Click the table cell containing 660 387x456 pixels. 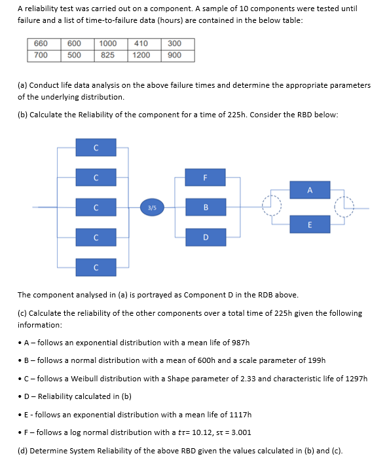(x=41, y=44)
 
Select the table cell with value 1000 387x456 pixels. (x=108, y=44)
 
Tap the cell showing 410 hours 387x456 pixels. (x=141, y=44)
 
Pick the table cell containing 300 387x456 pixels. (x=174, y=44)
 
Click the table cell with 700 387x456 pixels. (x=41, y=55)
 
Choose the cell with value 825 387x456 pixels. (x=108, y=55)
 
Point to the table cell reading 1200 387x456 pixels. (x=141, y=55)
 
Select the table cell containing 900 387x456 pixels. (x=174, y=55)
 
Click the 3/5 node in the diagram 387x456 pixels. (x=152, y=208)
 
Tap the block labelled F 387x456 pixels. (x=206, y=177)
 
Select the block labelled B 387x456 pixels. (x=206, y=208)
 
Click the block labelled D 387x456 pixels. (x=206, y=237)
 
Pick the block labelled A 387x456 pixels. (x=310, y=191)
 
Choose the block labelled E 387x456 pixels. (x=310, y=223)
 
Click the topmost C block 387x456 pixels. (x=96, y=147)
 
